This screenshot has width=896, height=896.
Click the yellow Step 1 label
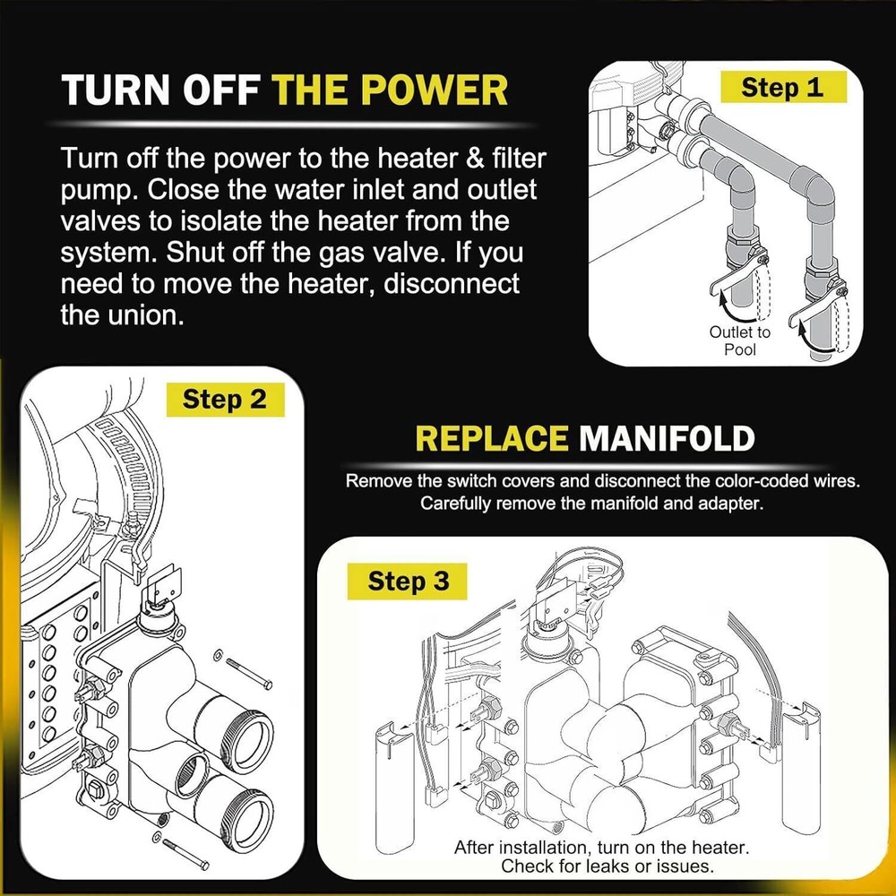(x=781, y=87)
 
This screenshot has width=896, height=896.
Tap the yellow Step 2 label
(x=225, y=399)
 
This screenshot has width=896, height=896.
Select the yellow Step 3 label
(x=409, y=582)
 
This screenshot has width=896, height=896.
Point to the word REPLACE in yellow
(x=492, y=439)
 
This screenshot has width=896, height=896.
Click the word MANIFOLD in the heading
(x=667, y=439)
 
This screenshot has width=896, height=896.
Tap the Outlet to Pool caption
(x=740, y=340)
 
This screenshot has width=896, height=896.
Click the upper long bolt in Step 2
(x=248, y=672)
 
